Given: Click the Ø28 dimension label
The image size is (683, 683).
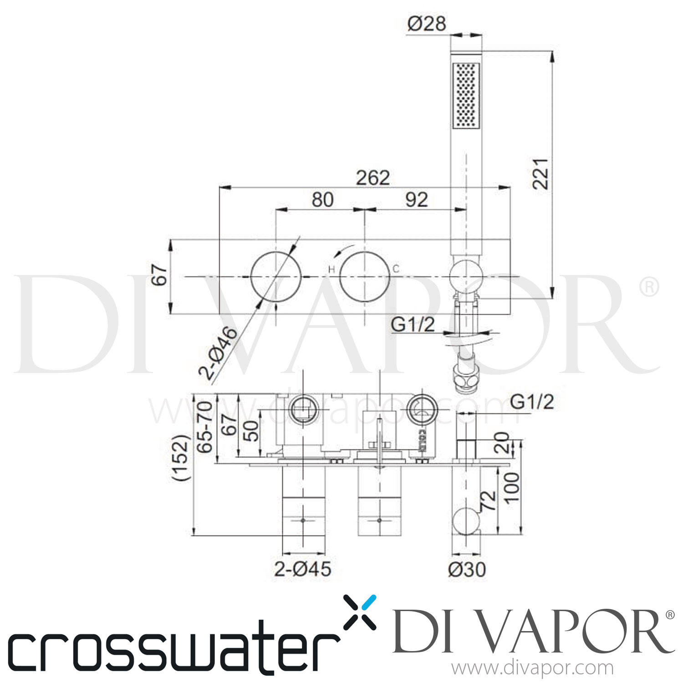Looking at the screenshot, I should (x=427, y=23).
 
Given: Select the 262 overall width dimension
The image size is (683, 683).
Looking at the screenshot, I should (x=373, y=178).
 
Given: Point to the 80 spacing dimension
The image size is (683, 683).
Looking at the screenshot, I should (x=322, y=199).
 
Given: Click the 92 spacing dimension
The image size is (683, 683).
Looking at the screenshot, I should (x=416, y=199).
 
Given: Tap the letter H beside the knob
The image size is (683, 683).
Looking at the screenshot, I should (x=331, y=270).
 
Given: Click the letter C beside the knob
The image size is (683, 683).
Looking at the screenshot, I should (x=396, y=269).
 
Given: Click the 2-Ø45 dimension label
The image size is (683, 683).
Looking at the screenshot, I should (x=302, y=569).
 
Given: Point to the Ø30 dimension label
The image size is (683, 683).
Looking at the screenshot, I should (x=467, y=569).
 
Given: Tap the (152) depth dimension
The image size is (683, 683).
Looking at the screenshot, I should (x=182, y=458).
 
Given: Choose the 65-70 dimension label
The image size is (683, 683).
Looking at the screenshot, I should (x=206, y=426).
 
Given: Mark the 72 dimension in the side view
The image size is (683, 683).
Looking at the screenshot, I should (x=488, y=500).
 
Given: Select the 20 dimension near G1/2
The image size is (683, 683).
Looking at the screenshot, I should (x=502, y=443).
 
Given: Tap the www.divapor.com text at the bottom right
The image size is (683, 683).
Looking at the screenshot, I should (x=531, y=668).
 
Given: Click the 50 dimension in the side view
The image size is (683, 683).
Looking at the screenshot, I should (x=251, y=430).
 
